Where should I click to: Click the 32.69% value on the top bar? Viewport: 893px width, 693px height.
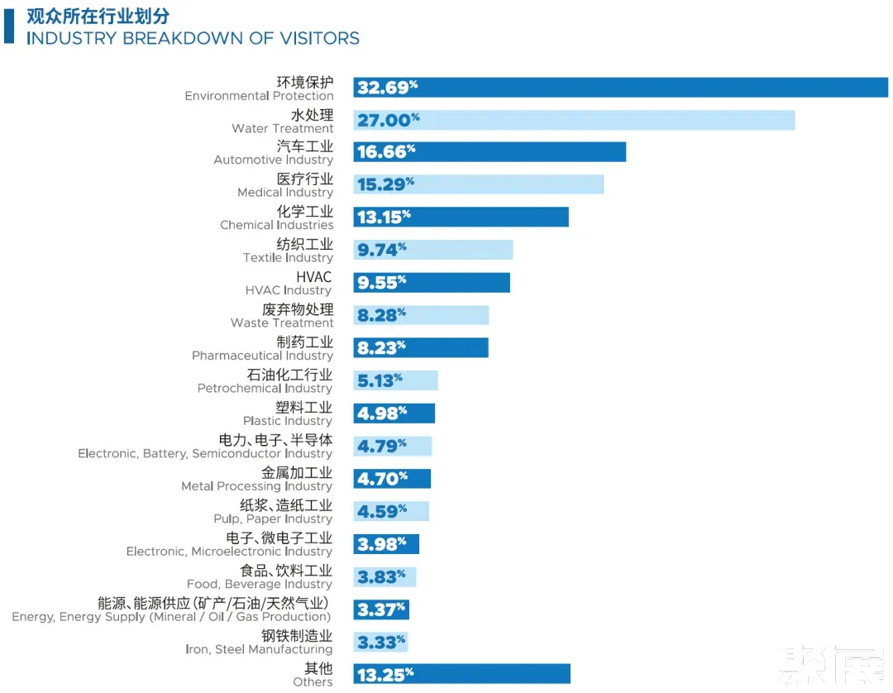[x=387, y=88]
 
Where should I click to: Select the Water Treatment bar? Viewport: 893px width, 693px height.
[x=574, y=120]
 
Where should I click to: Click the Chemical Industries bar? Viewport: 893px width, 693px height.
[x=461, y=217]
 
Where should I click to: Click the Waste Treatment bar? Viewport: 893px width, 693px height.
[x=421, y=315]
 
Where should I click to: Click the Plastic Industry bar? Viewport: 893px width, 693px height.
[x=394, y=413]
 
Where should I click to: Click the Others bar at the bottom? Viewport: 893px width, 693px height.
[x=461, y=674]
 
